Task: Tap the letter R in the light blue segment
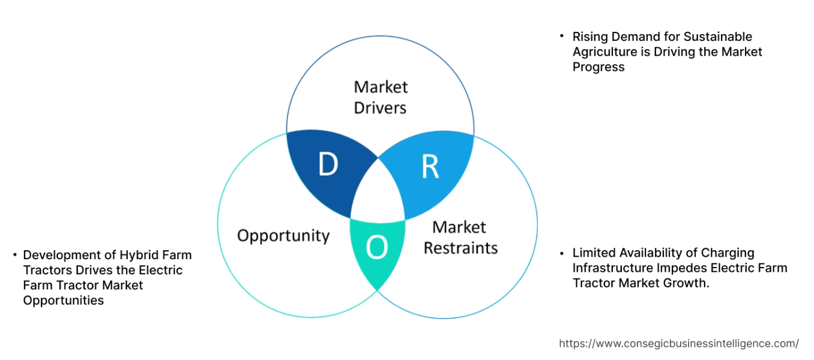click(430, 167)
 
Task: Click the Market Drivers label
click(380, 97)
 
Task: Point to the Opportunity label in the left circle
click(283, 235)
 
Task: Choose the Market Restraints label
click(460, 238)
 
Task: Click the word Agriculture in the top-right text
click(604, 52)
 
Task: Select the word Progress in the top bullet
click(598, 67)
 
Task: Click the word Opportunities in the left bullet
click(63, 300)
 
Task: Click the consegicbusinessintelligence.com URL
click(678, 343)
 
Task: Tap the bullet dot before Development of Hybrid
click(14, 255)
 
